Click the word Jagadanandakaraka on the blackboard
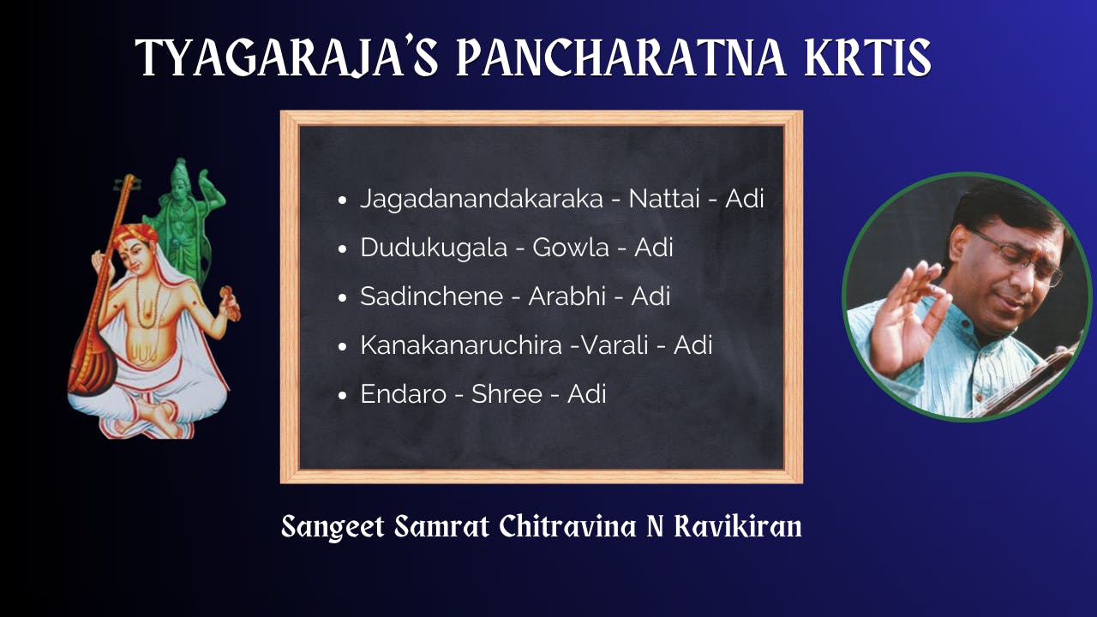click(482, 199)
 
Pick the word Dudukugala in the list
click(434, 248)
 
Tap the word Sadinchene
click(431, 297)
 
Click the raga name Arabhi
click(567, 297)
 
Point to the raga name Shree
click(507, 394)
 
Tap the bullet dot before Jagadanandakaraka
click(343, 201)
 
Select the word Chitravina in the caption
click(568, 526)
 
